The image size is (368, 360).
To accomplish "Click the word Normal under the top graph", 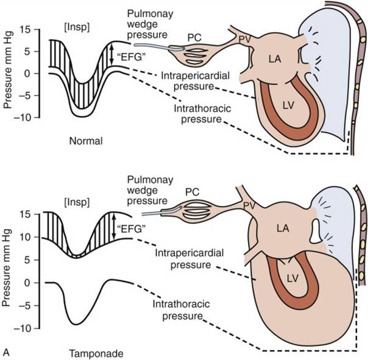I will point(86,141).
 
